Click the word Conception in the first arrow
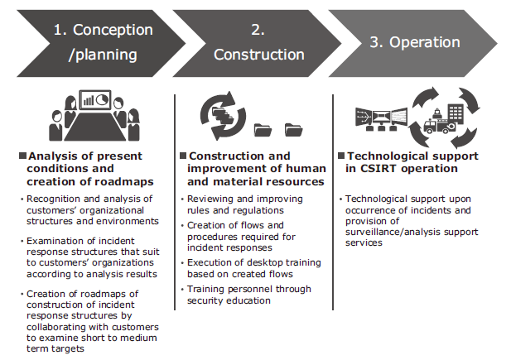(113, 30)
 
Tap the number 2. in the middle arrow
(258, 30)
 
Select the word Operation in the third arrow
(425, 42)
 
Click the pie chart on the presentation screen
(103, 99)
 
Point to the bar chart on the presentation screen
(89, 100)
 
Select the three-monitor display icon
(381, 119)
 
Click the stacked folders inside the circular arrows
(223, 115)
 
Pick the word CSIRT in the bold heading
(379, 169)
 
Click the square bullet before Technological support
(341, 156)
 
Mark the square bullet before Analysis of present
(22, 156)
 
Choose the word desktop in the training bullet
(258, 262)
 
